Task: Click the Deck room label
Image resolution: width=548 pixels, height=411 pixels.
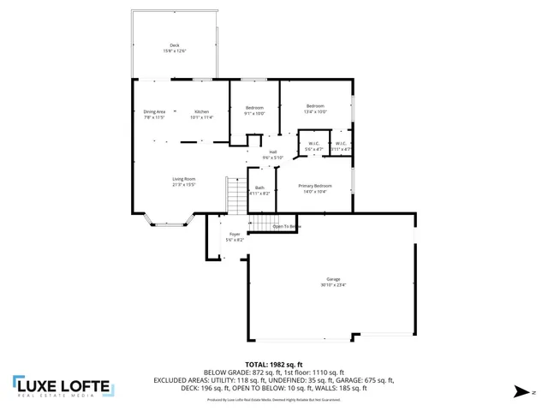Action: tap(175, 45)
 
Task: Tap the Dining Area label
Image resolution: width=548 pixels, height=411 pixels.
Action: tap(154, 112)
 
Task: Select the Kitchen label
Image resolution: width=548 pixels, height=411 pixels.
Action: tap(201, 112)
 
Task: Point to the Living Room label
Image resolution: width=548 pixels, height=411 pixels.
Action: tap(184, 179)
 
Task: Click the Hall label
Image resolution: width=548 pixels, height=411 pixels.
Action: tap(272, 152)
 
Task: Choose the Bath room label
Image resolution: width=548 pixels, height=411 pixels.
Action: tap(259, 188)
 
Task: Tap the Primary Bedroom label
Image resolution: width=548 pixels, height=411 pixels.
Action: tap(315, 186)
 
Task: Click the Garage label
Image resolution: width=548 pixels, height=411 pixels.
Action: tap(332, 280)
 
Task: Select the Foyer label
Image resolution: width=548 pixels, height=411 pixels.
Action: tap(235, 235)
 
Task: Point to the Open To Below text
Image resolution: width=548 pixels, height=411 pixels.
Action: tap(287, 226)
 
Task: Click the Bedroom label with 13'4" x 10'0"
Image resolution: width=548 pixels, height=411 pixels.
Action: tap(316, 106)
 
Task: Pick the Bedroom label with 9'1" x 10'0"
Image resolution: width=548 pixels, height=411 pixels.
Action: tap(254, 108)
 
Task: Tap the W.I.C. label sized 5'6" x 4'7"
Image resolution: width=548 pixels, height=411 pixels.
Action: tap(313, 144)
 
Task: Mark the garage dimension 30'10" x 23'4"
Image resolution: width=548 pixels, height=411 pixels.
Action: tap(332, 286)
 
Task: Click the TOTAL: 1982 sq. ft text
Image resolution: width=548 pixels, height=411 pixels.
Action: tap(273, 364)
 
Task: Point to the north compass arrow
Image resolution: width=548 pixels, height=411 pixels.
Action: tap(520, 392)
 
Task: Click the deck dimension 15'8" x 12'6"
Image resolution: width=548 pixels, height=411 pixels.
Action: tap(175, 51)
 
